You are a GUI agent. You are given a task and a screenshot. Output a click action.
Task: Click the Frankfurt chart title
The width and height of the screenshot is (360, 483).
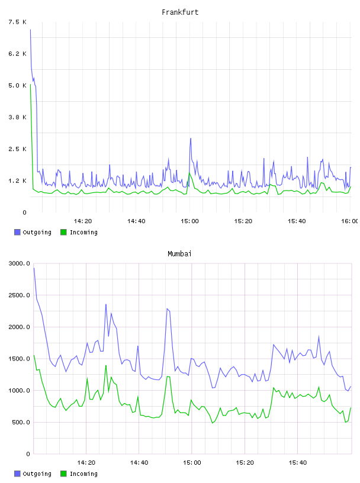tap(180, 12)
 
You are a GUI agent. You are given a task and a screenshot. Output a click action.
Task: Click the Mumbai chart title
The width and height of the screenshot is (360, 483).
tap(179, 253)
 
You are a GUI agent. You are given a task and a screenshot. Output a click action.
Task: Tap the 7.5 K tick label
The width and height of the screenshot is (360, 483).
tap(17, 22)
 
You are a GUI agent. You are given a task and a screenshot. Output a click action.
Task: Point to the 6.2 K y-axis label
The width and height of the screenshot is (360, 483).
tap(17, 54)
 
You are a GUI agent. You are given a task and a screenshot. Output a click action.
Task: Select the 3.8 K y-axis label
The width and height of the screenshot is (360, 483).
tap(17, 117)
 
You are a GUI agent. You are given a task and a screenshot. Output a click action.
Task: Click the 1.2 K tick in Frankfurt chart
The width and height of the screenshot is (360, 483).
tap(17, 181)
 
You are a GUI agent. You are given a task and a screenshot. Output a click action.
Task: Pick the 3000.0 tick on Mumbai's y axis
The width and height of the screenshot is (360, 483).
tap(19, 263)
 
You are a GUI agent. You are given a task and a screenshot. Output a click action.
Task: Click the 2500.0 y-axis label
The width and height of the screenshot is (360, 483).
tap(19, 295)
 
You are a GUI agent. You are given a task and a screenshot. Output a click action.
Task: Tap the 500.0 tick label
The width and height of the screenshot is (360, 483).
tap(21, 422)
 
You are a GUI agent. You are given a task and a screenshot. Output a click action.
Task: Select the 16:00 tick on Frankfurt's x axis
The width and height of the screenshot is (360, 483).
tap(350, 221)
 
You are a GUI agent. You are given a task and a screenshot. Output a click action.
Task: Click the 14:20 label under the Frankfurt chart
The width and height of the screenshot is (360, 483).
tap(83, 221)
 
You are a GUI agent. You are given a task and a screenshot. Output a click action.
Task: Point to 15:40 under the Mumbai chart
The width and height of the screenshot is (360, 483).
tap(298, 462)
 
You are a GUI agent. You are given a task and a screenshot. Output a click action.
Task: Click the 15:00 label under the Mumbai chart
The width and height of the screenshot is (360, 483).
tap(192, 462)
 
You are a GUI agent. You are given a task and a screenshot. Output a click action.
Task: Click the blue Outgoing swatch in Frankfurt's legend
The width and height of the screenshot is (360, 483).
tap(17, 232)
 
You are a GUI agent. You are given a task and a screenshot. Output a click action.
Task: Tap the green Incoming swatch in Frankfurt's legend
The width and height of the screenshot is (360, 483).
tap(63, 232)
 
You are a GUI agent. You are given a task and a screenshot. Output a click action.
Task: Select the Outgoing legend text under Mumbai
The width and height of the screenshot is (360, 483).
tap(37, 474)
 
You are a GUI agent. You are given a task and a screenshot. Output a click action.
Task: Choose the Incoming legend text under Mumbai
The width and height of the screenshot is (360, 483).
tap(83, 474)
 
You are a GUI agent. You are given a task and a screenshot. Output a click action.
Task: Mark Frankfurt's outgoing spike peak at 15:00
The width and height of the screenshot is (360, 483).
tap(191, 139)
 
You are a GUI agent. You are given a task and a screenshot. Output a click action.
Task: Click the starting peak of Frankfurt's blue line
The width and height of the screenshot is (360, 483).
tap(31, 30)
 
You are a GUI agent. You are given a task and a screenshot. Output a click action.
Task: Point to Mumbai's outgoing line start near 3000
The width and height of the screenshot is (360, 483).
tap(34, 268)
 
